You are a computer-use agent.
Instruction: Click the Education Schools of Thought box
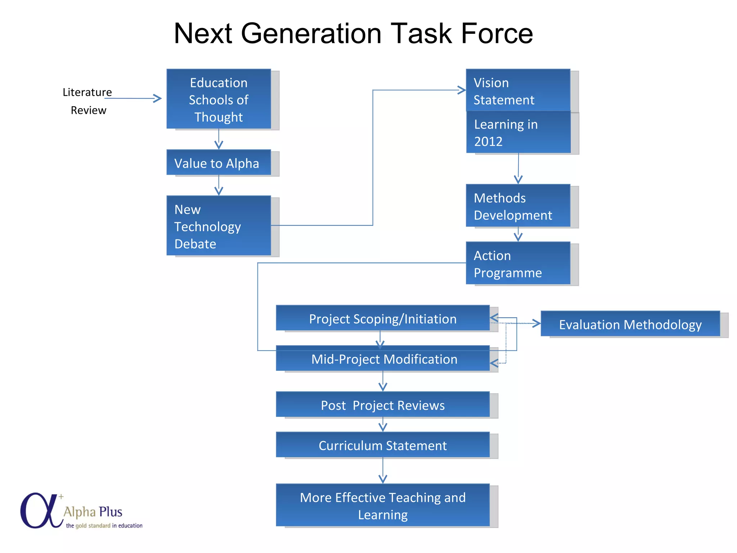click(x=218, y=99)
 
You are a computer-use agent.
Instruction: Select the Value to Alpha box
click(x=218, y=163)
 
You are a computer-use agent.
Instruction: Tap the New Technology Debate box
click(x=218, y=226)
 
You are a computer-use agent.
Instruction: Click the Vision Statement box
click(x=517, y=91)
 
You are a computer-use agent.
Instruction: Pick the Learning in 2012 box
click(x=518, y=132)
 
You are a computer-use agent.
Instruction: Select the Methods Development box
click(x=517, y=206)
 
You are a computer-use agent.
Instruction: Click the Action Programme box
click(x=517, y=264)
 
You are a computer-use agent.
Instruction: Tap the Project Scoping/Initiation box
click(x=382, y=318)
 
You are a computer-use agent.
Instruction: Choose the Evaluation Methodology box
click(x=630, y=324)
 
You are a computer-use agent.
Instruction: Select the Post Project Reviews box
click(x=382, y=405)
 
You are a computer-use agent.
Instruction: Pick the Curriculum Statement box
click(x=382, y=445)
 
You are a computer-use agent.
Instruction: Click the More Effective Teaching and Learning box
click(x=382, y=505)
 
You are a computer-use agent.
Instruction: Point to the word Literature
click(x=87, y=92)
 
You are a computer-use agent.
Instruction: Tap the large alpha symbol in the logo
click(x=39, y=511)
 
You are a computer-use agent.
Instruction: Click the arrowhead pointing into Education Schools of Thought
click(x=158, y=98)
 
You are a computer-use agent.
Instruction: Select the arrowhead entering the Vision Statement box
click(x=462, y=90)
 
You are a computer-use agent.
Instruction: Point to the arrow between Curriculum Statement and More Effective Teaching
click(x=383, y=472)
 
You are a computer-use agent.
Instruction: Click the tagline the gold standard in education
click(x=104, y=526)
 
